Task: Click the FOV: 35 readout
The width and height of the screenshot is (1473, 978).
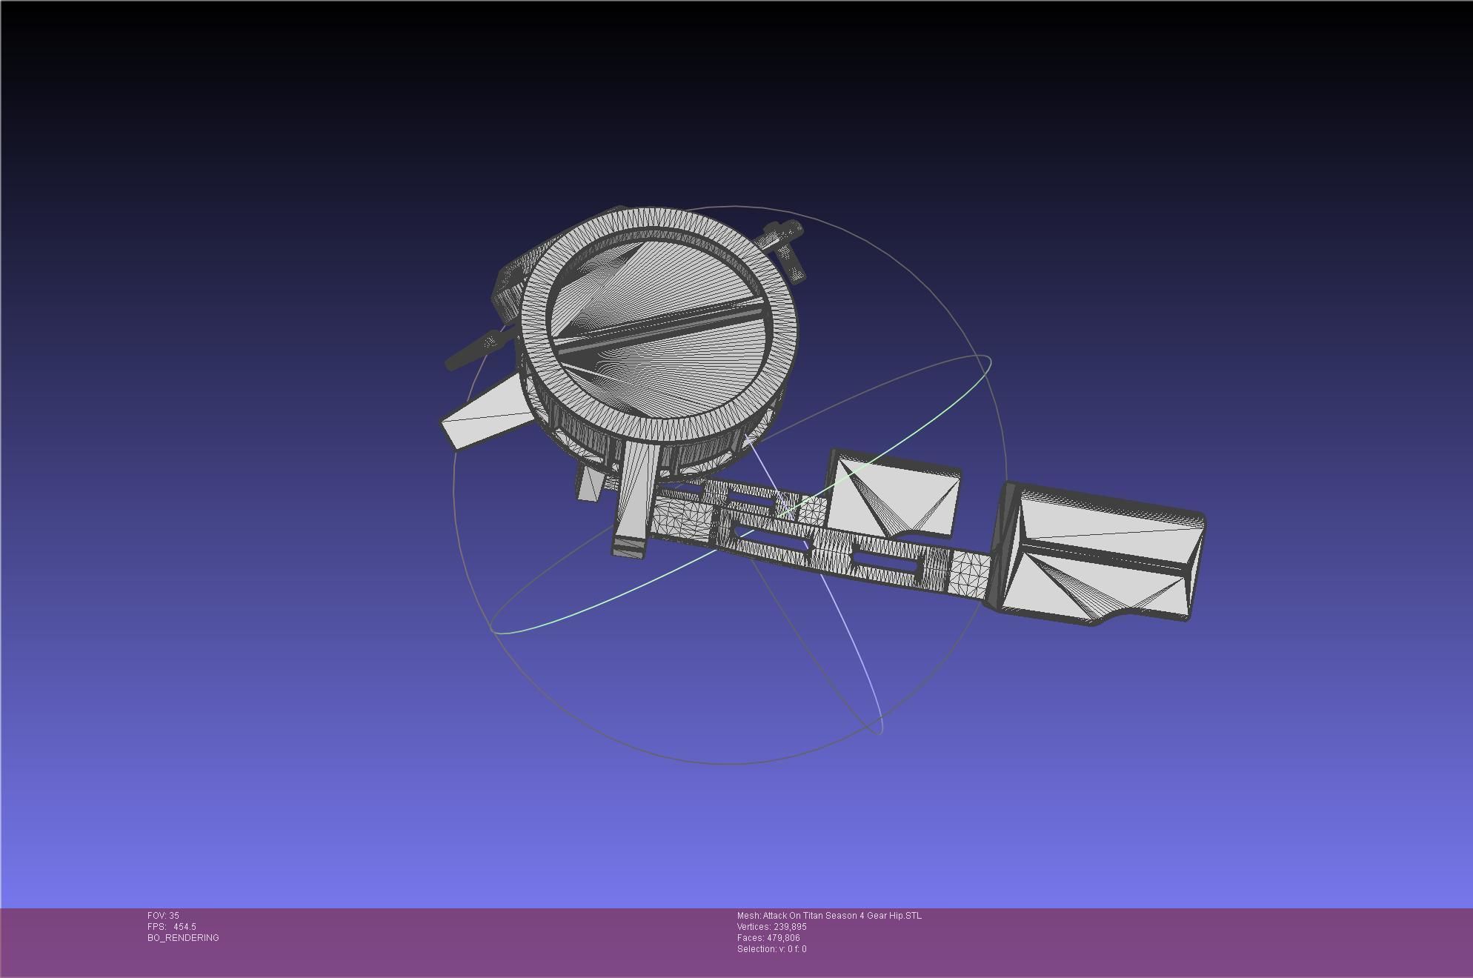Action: click(x=163, y=916)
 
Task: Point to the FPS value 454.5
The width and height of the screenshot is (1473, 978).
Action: click(x=184, y=927)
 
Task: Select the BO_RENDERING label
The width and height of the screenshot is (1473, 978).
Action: click(x=183, y=938)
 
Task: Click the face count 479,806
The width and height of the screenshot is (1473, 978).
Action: click(x=783, y=938)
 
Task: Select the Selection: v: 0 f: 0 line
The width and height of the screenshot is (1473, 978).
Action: click(x=771, y=949)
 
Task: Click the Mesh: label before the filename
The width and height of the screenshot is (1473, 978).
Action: click(x=748, y=916)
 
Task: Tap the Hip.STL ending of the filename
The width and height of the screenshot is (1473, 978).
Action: click(x=905, y=916)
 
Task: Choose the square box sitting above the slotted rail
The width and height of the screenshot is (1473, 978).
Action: click(x=893, y=493)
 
